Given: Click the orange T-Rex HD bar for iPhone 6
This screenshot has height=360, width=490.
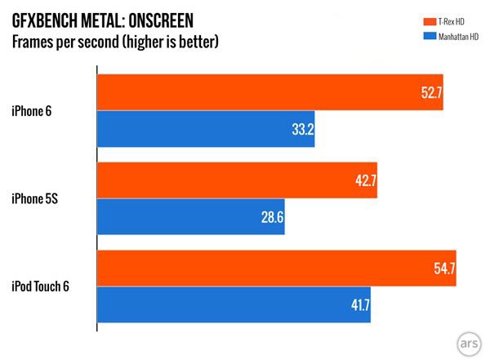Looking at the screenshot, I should (x=269, y=92).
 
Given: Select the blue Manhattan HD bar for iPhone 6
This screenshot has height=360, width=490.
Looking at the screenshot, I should (x=206, y=130).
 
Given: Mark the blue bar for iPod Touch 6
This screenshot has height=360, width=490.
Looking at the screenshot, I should (x=234, y=307).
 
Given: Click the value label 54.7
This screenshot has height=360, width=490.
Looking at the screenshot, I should (x=443, y=270).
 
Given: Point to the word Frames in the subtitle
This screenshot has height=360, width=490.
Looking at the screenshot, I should (x=37, y=40).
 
